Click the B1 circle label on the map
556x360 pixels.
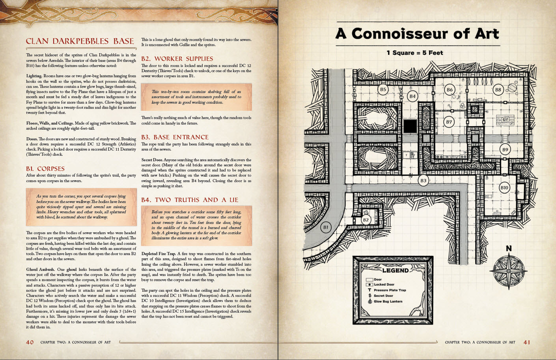(326, 228)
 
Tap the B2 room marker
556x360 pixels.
(366, 220)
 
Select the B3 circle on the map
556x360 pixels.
(423, 181)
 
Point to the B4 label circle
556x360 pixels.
(412, 96)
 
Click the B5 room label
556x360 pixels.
(382, 90)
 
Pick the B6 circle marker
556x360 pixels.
(449, 90)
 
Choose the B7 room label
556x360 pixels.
(449, 122)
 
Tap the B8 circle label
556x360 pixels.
(498, 90)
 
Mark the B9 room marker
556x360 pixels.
(505, 149)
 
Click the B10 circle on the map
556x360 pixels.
(504, 188)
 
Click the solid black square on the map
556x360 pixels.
(410, 127)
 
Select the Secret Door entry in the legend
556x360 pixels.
(383, 296)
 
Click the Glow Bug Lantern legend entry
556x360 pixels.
(388, 302)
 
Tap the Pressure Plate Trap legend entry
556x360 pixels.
(389, 290)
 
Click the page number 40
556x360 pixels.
(30, 342)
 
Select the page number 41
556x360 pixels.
(527, 342)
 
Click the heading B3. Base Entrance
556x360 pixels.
(175, 137)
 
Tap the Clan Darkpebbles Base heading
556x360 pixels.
(80, 41)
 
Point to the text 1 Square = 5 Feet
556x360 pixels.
(414, 53)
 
